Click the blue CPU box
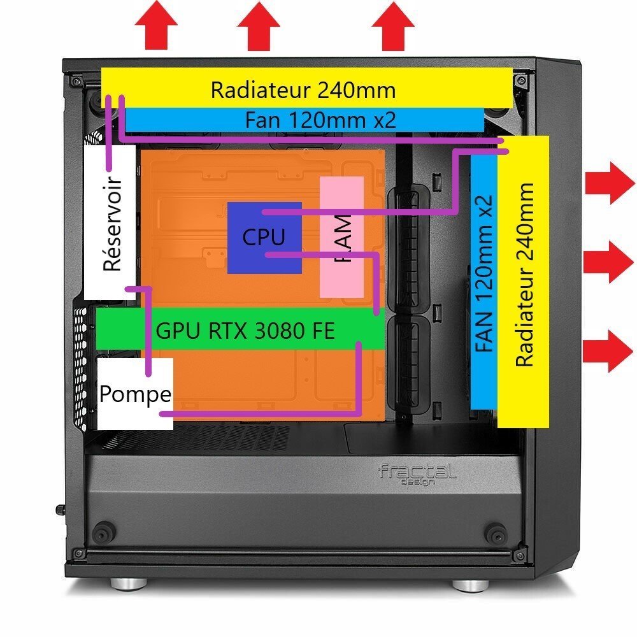(x=264, y=237)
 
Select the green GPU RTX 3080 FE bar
(x=239, y=331)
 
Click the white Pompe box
(x=135, y=394)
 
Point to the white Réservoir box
(x=110, y=223)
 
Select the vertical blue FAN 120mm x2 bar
(x=483, y=280)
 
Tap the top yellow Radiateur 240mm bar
(x=306, y=89)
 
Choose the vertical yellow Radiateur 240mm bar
(x=523, y=280)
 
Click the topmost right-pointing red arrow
(x=608, y=183)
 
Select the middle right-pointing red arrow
(x=608, y=261)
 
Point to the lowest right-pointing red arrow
(x=608, y=350)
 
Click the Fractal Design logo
(x=417, y=473)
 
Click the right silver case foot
(x=468, y=583)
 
